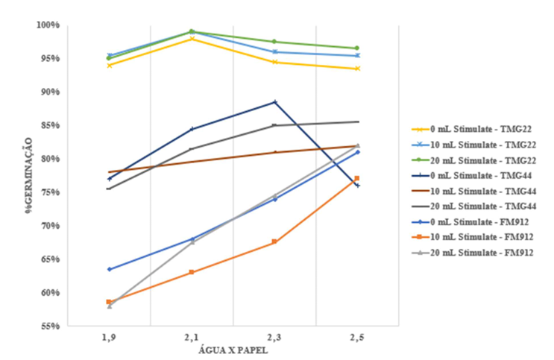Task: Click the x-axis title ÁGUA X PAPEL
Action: (233, 351)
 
